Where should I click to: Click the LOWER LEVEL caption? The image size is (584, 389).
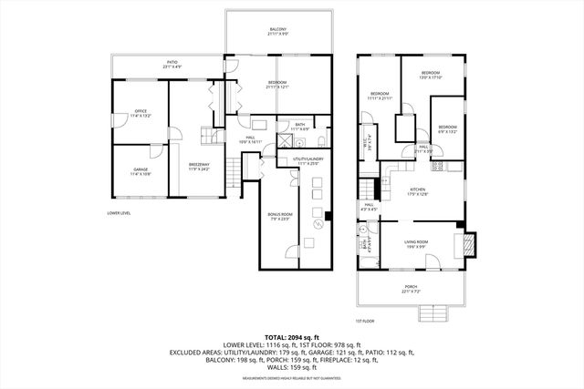(x=120, y=214)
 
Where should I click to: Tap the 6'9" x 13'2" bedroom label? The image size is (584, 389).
(x=446, y=129)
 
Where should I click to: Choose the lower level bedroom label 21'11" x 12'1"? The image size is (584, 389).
(x=278, y=85)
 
